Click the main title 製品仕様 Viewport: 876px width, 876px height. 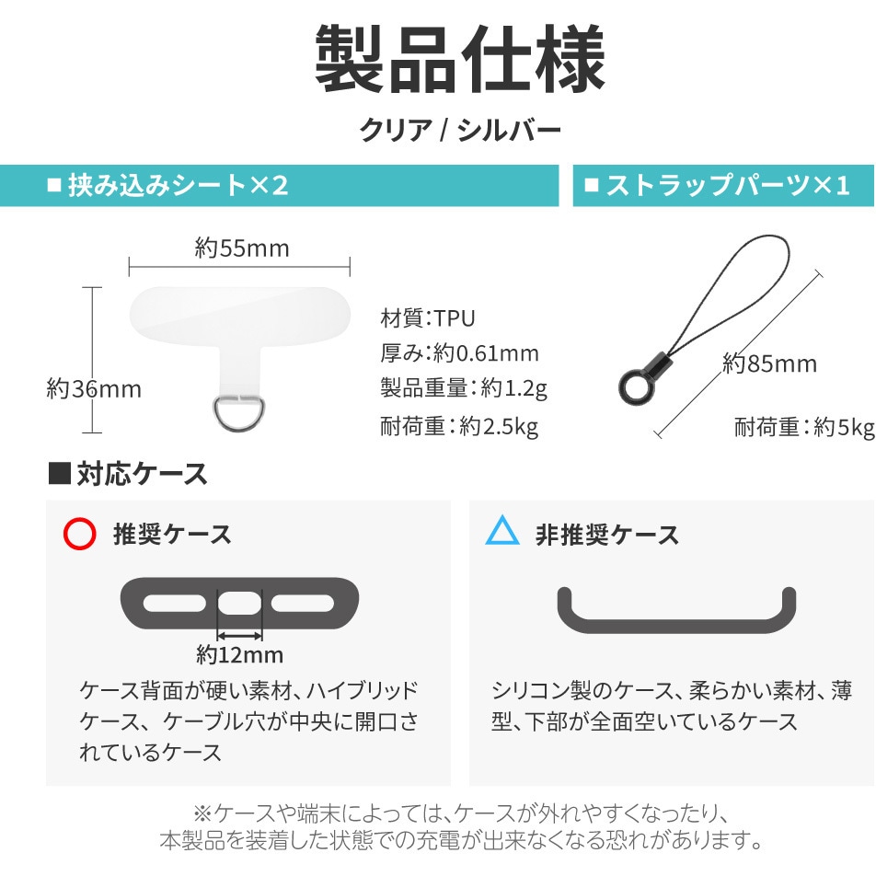pyautogui.click(x=460, y=59)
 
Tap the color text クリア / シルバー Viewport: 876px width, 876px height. pyautogui.click(x=460, y=130)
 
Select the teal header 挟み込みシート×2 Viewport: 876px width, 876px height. pyautogui.click(x=178, y=186)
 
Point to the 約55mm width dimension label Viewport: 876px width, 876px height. pyautogui.click(x=242, y=248)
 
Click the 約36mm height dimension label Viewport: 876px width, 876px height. pyautogui.click(x=94, y=389)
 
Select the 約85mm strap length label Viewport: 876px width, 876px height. pyautogui.click(x=769, y=363)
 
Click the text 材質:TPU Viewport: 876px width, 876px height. pyautogui.click(x=427, y=318)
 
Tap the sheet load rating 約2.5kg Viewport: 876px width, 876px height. pyautogui.click(x=499, y=427)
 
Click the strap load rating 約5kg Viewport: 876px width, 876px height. pyautogui.click(x=844, y=427)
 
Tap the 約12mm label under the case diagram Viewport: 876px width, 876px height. pyautogui.click(x=239, y=655)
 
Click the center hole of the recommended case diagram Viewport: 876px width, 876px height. pyautogui.click(x=239, y=604)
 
